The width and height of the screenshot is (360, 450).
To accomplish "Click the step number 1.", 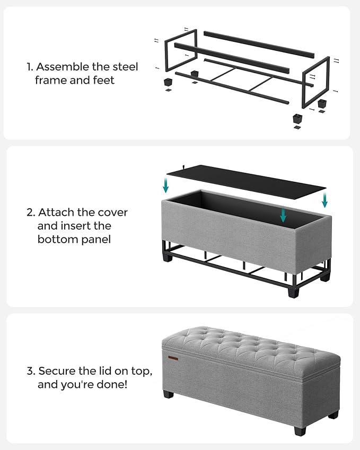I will [29, 67].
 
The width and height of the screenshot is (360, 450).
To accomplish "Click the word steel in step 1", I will [124, 67].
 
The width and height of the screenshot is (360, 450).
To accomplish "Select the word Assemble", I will [59, 67].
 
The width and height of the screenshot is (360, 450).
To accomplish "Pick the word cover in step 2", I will [112, 213].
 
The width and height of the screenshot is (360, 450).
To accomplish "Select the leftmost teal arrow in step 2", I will [166, 185].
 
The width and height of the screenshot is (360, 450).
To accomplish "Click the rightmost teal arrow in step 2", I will [324, 200].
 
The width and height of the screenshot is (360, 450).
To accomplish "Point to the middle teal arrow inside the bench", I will [283, 215].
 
